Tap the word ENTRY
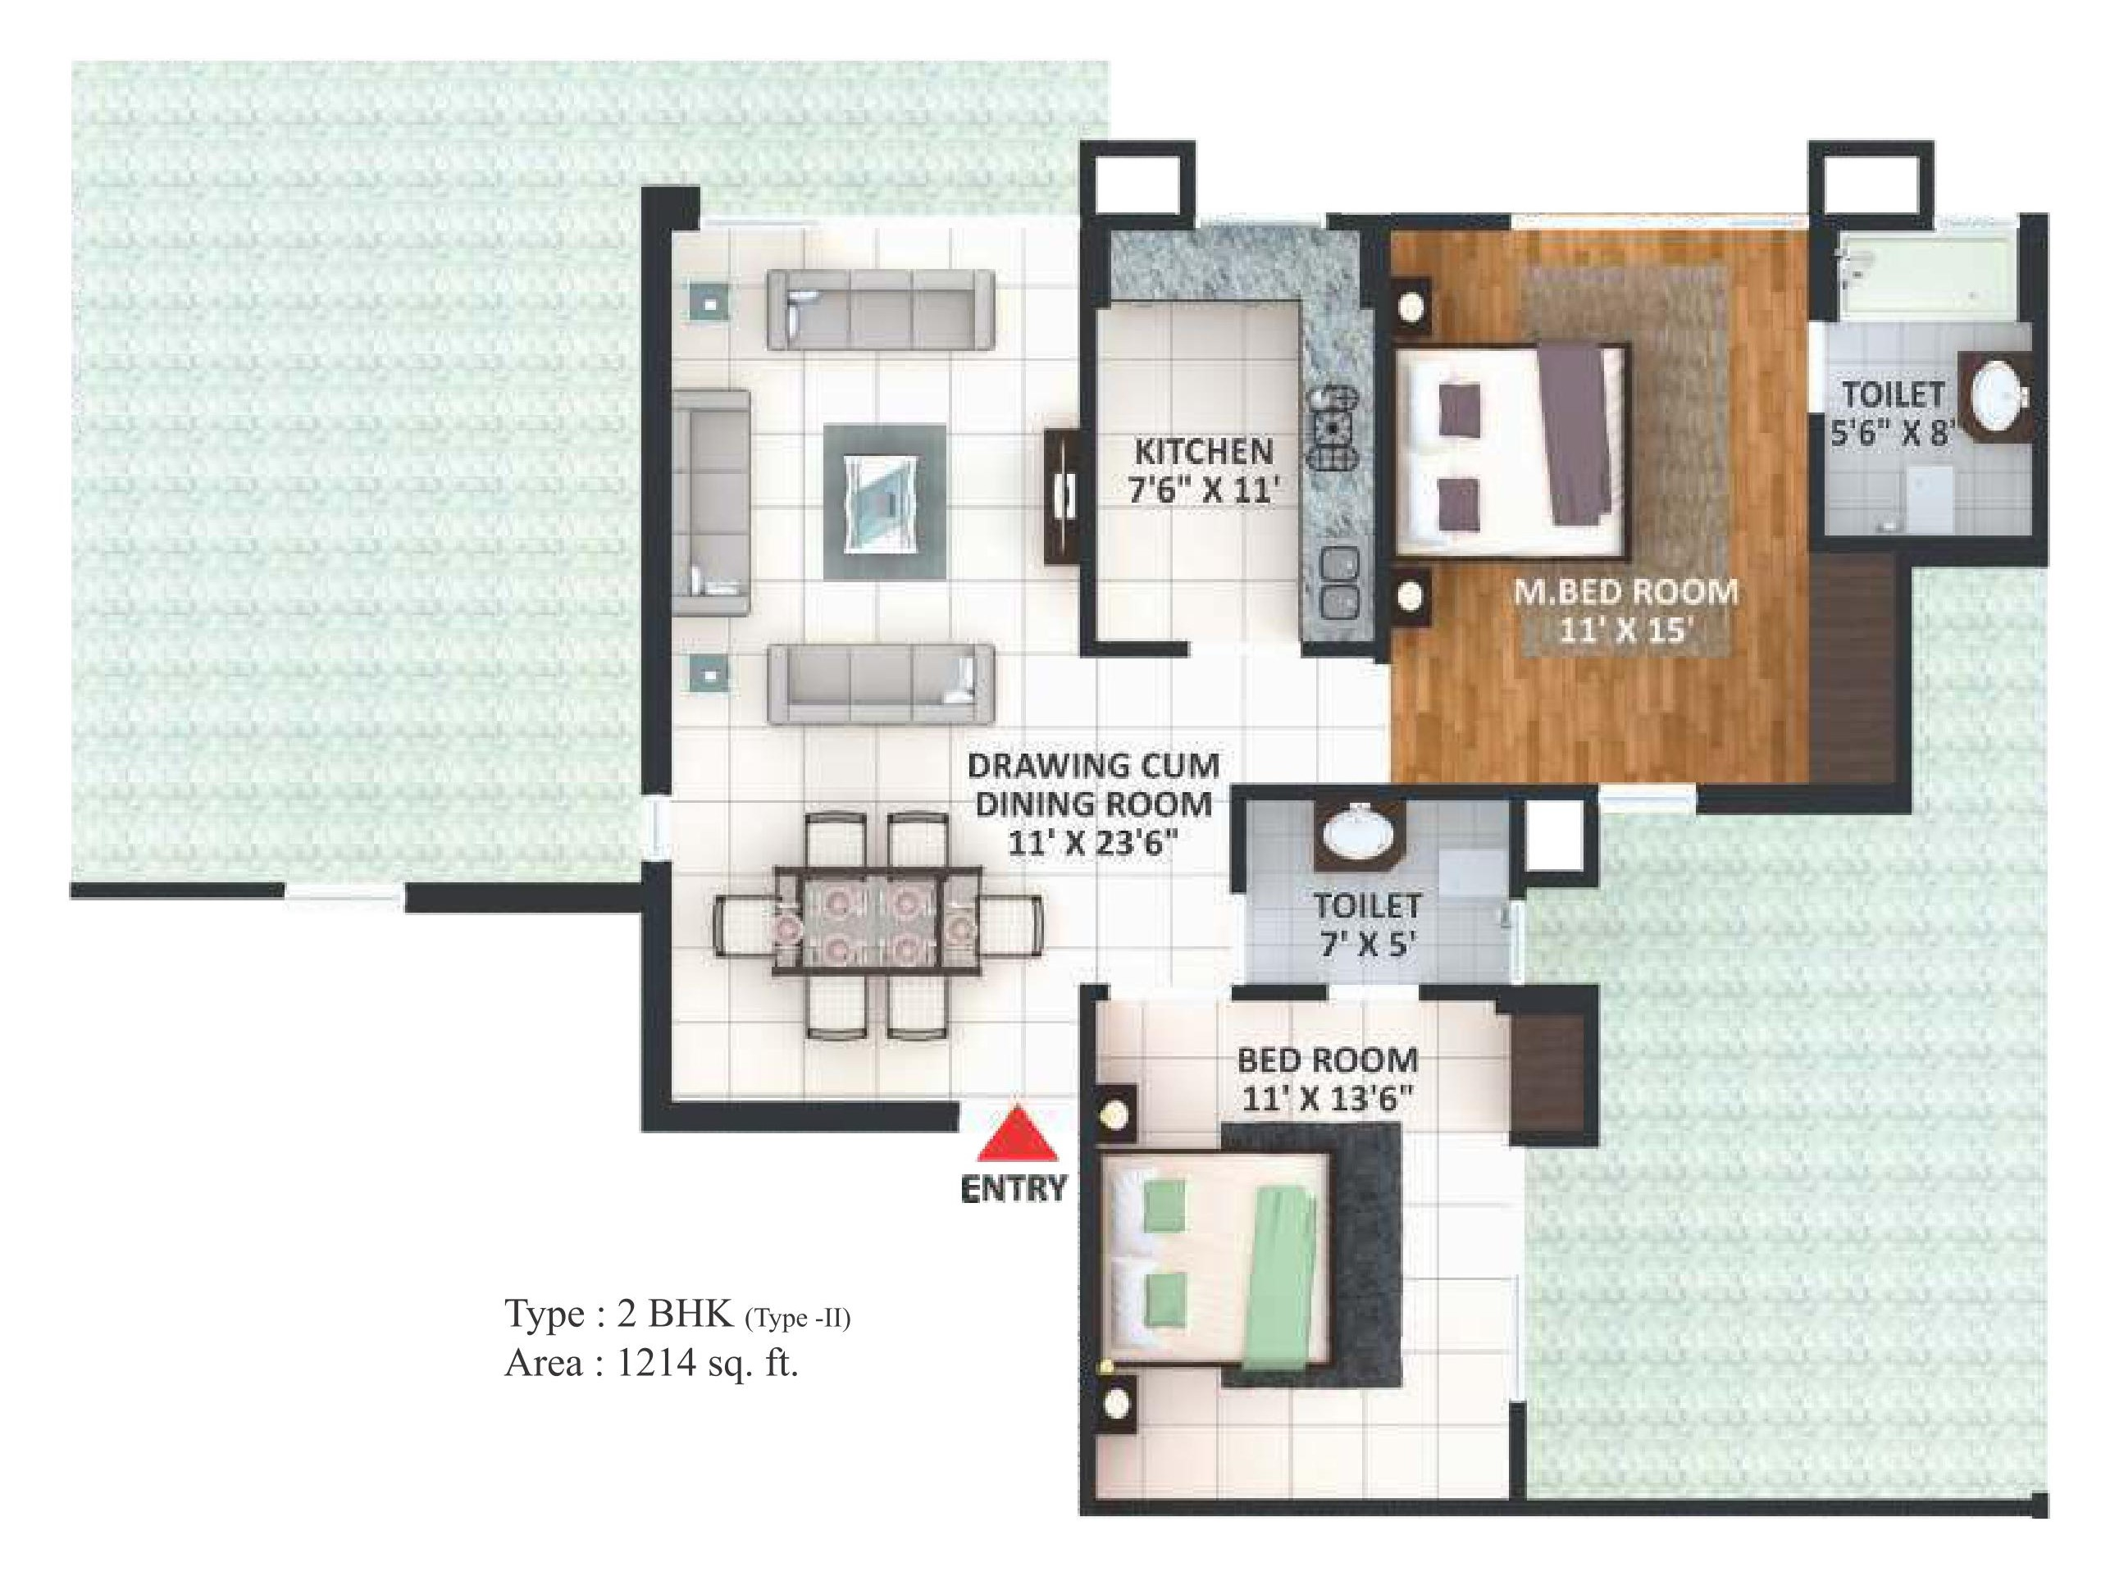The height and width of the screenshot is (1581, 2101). point(1014,1189)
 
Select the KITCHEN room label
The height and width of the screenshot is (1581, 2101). point(1203,451)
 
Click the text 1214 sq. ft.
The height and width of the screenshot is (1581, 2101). point(707,1364)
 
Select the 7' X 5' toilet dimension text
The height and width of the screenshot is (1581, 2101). point(1367,945)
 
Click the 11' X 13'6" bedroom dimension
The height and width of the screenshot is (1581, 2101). point(1327,1100)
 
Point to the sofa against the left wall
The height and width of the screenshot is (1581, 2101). point(710,503)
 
